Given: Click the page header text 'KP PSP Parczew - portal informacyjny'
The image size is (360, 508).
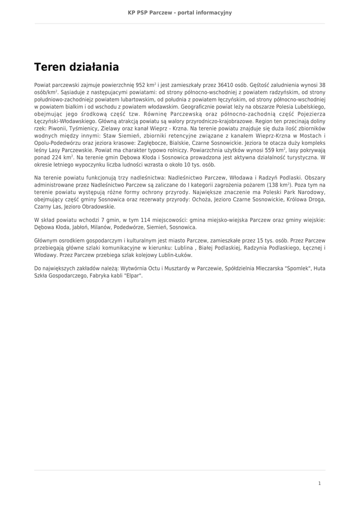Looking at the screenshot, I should pos(180,12).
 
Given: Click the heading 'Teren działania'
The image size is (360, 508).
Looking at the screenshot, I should pos(76,66).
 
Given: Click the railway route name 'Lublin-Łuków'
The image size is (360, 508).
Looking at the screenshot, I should pos(175,255).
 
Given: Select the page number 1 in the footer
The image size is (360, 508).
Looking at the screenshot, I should pos(319,483).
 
